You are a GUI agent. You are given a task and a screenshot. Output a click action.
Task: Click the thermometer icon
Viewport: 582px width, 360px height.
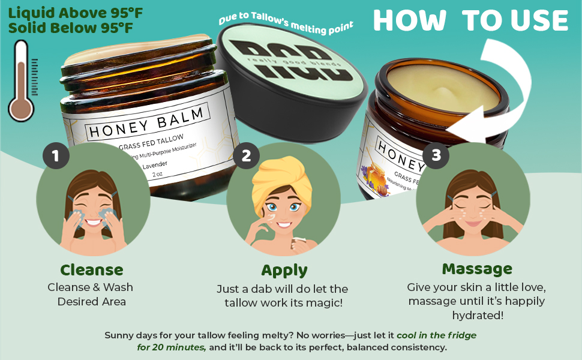pyautogui.click(x=22, y=81)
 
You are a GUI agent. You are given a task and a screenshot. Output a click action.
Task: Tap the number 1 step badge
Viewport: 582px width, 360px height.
pyautogui.click(x=56, y=157)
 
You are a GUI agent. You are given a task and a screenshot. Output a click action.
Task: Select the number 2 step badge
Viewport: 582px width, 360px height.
pyautogui.click(x=246, y=157)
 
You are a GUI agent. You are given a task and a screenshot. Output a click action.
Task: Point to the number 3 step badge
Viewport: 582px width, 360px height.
pyautogui.click(x=436, y=155)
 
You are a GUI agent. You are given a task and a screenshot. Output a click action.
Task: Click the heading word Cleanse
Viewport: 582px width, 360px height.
pyautogui.click(x=92, y=270)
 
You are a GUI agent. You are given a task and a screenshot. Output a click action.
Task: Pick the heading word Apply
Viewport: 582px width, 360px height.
pyautogui.click(x=284, y=270)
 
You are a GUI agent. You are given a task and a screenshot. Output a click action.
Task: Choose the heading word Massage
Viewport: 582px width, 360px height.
pyautogui.click(x=477, y=268)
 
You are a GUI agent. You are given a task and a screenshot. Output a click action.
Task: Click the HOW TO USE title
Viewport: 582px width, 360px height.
pyautogui.click(x=470, y=21)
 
